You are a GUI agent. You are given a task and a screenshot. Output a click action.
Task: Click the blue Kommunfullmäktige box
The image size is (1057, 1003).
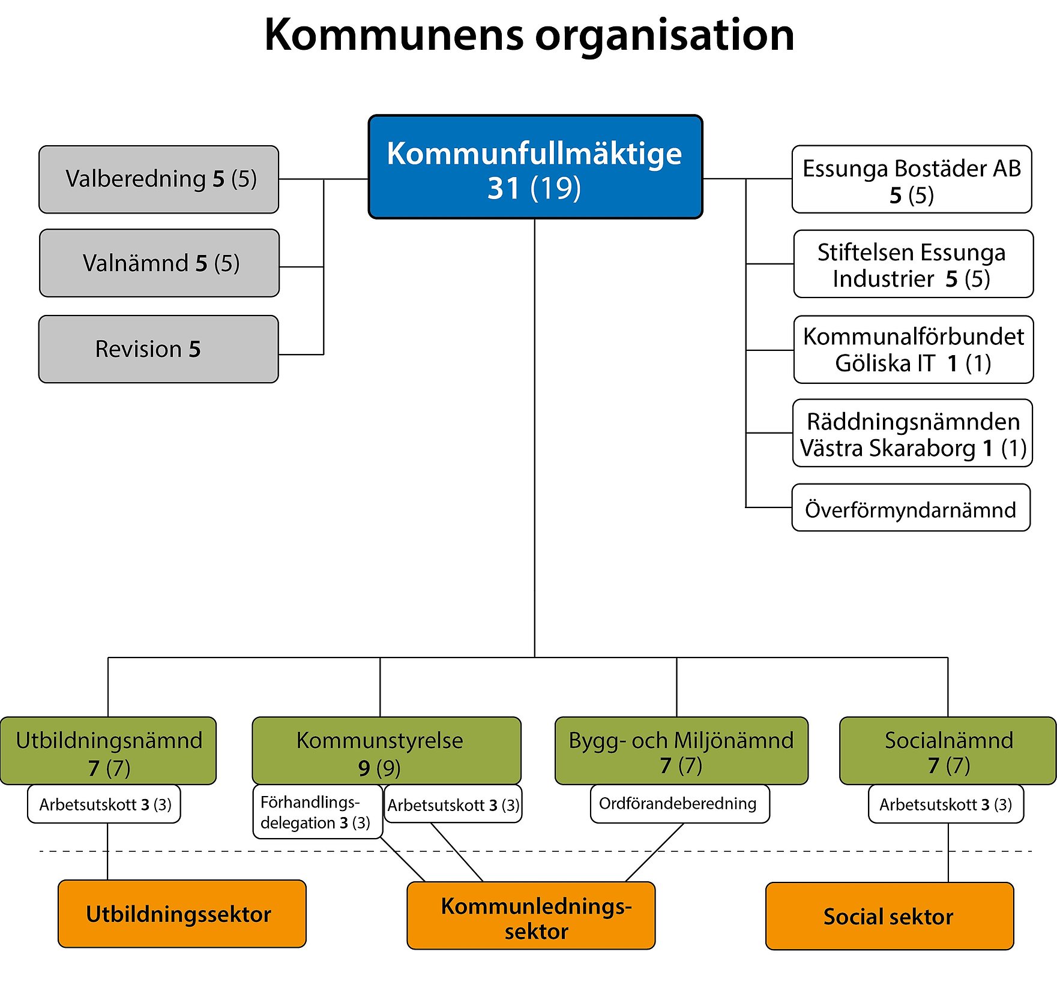tap(535, 167)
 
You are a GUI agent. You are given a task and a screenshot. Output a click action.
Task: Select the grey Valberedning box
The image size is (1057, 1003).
tap(159, 179)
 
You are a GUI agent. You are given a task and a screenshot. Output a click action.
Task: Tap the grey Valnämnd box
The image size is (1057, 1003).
tap(159, 263)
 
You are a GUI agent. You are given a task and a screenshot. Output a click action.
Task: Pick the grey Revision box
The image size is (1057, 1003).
tap(159, 349)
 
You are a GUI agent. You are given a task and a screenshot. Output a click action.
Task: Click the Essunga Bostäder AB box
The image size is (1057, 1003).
tap(911, 179)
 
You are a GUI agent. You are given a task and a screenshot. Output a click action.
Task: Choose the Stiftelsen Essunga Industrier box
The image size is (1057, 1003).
tap(913, 264)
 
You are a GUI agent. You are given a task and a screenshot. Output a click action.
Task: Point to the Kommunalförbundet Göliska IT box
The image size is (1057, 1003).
tap(913, 350)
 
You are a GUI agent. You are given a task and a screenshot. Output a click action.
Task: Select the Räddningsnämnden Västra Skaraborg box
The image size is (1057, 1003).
tap(912, 433)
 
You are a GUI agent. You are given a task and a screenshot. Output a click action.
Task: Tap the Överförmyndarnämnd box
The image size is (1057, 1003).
tap(911, 508)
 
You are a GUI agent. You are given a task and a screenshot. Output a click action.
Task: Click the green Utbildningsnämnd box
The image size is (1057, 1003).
tap(109, 750)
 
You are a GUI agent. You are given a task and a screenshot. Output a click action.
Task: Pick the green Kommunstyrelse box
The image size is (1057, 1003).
tap(387, 750)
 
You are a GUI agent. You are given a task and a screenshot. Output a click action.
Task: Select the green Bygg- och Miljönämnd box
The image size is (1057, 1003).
tap(681, 750)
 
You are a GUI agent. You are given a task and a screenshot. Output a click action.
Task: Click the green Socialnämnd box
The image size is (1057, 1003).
tap(947, 750)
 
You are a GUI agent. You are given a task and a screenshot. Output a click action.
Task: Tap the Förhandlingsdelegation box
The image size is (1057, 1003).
tap(317, 812)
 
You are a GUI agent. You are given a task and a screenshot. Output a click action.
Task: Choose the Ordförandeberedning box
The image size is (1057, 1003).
tap(679, 804)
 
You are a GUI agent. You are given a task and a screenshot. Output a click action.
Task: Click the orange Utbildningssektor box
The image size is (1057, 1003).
tap(182, 914)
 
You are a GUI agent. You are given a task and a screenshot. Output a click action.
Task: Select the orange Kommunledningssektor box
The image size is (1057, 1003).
tap(531, 915)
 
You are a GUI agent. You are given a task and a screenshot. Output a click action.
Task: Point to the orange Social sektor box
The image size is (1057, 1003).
tap(889, 916)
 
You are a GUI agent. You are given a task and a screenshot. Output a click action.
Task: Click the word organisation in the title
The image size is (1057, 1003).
tap(664, 35)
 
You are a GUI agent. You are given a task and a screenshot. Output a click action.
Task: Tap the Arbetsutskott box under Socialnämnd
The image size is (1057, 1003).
tap(945, 804)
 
